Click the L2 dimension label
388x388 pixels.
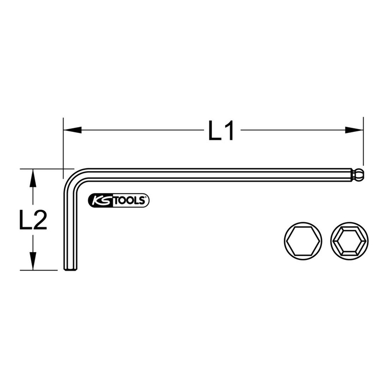click(x=33, y=221)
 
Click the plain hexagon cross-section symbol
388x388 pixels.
click(x=302, y=240)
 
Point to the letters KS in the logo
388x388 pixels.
click(x=102, y=200)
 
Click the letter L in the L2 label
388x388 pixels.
click(x=25, y=221)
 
